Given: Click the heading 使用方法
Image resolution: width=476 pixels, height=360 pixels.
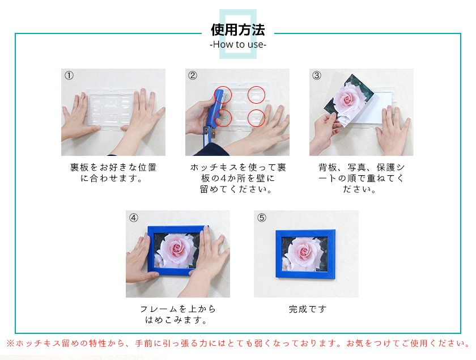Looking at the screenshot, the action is pyautogui.click(x=238, y=30).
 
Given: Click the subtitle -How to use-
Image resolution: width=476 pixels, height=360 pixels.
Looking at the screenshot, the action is pyautogui.click(x=238, y=44).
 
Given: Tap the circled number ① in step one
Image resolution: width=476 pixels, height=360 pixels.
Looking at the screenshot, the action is pyautogui.click(x=69, y=75).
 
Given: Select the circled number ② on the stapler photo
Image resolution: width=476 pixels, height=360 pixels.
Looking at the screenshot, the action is pyautogui.click(x=193, y=75).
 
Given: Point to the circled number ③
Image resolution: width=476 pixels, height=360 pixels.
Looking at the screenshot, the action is pyautogui.click(x=317, y=75).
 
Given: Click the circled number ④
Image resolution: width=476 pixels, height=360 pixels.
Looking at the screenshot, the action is pyautogui.click(x=134, y=218).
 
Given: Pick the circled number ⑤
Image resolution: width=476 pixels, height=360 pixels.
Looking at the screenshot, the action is pyautogui.click(x=262, y=218).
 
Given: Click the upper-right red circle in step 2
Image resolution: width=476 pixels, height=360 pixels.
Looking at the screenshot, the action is pyautogui.click(x=257, y=95).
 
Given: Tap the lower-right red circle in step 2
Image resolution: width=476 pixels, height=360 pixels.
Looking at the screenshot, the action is pyautogui.click(x=257, y=118).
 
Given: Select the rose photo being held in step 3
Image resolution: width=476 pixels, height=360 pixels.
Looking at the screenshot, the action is pyautogui.click(x=348, y=100).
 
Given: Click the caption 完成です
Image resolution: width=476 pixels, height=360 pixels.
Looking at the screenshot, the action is pyautogui.click(x=308, y=310).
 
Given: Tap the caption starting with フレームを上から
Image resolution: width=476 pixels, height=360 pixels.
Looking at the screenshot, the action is pyautogui.click(x=178, y=315).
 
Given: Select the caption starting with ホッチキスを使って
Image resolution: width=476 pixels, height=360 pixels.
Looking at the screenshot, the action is pyautogui.click(x=237, y=179).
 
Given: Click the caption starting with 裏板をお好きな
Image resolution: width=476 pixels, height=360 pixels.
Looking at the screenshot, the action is pyautogui.click(x=113, y=172).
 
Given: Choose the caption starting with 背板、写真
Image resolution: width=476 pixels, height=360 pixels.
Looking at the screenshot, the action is pyautogui.click(x=362, y=179).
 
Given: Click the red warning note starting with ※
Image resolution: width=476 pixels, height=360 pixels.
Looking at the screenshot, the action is pyautogui.click(x=239, y=344).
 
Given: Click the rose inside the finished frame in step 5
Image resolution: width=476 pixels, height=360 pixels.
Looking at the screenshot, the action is pyautogui.click(x=301, y=253).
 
